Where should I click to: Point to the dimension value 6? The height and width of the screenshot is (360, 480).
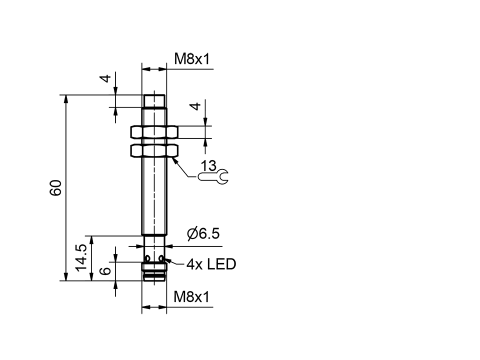pos(105,271)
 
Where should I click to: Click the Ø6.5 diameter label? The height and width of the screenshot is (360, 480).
pos(203,234)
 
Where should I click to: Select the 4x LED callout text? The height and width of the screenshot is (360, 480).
pos(210,264)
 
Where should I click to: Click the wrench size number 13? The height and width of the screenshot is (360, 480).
pos(208,165)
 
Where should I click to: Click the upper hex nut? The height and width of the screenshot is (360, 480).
pos(154,131)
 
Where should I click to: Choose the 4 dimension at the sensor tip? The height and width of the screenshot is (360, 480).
pos(105,78)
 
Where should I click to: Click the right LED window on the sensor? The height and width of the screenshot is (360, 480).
pos(161,257)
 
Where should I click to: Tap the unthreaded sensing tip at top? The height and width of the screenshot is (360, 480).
pos(154,100)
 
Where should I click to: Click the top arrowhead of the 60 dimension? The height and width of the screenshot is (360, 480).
pos(65,98)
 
